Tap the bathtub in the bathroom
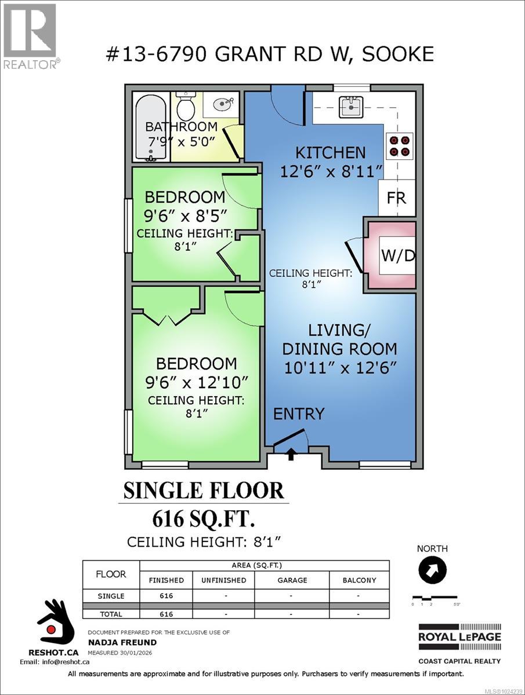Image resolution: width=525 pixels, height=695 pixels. click(150, 127)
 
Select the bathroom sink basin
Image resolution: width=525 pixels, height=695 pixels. click(223, 105)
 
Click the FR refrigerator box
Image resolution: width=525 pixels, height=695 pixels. click(397, 197)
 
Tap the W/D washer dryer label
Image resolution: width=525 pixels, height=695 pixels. click(398, 255)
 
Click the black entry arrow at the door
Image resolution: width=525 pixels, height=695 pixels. click(291, 455)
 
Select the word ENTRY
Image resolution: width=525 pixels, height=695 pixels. click(299, 414)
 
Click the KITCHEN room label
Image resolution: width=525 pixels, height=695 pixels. click(331, 152)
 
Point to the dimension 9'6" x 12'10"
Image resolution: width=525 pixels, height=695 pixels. click(196, 382)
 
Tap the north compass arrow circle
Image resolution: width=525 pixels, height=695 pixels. click(433, 570)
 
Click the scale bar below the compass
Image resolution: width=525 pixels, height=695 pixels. click(435, 598)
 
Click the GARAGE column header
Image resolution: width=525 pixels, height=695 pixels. click(291, 580)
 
